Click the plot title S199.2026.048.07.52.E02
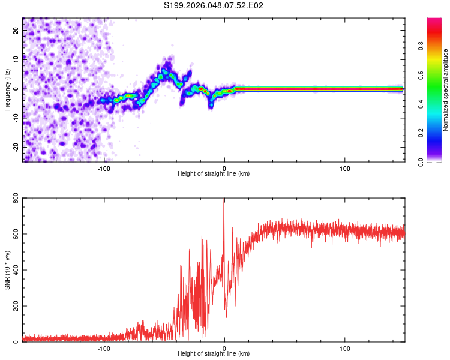click(214, 5)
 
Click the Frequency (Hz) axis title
click(7, 89)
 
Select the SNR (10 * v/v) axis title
click(7, 269)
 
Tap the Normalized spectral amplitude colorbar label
click(446, 90)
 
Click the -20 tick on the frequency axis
click(16, 146)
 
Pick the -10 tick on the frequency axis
click(16, 118)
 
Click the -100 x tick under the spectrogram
click(104, 168)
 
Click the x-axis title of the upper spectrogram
click(214, 174)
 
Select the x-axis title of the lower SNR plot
click(214, 354)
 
